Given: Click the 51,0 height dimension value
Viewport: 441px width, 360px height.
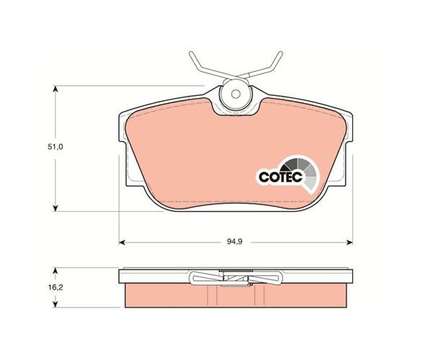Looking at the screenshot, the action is coord(55,147).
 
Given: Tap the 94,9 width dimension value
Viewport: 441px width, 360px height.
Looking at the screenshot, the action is coord(235,242).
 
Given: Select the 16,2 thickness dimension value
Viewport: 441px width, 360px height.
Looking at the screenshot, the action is coord(55,287).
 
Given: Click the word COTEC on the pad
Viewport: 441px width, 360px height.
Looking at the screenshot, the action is coord(280,177).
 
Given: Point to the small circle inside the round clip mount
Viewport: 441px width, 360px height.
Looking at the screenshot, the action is coord(236,94).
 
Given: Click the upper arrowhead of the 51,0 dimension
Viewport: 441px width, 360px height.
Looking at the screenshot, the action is coord(55,89).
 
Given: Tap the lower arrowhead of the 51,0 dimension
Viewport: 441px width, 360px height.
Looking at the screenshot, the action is coord(55,207).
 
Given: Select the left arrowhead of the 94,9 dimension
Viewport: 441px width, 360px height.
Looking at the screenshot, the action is coord(122,242).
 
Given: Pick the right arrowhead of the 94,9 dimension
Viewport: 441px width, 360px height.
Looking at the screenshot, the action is coord(349,242).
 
